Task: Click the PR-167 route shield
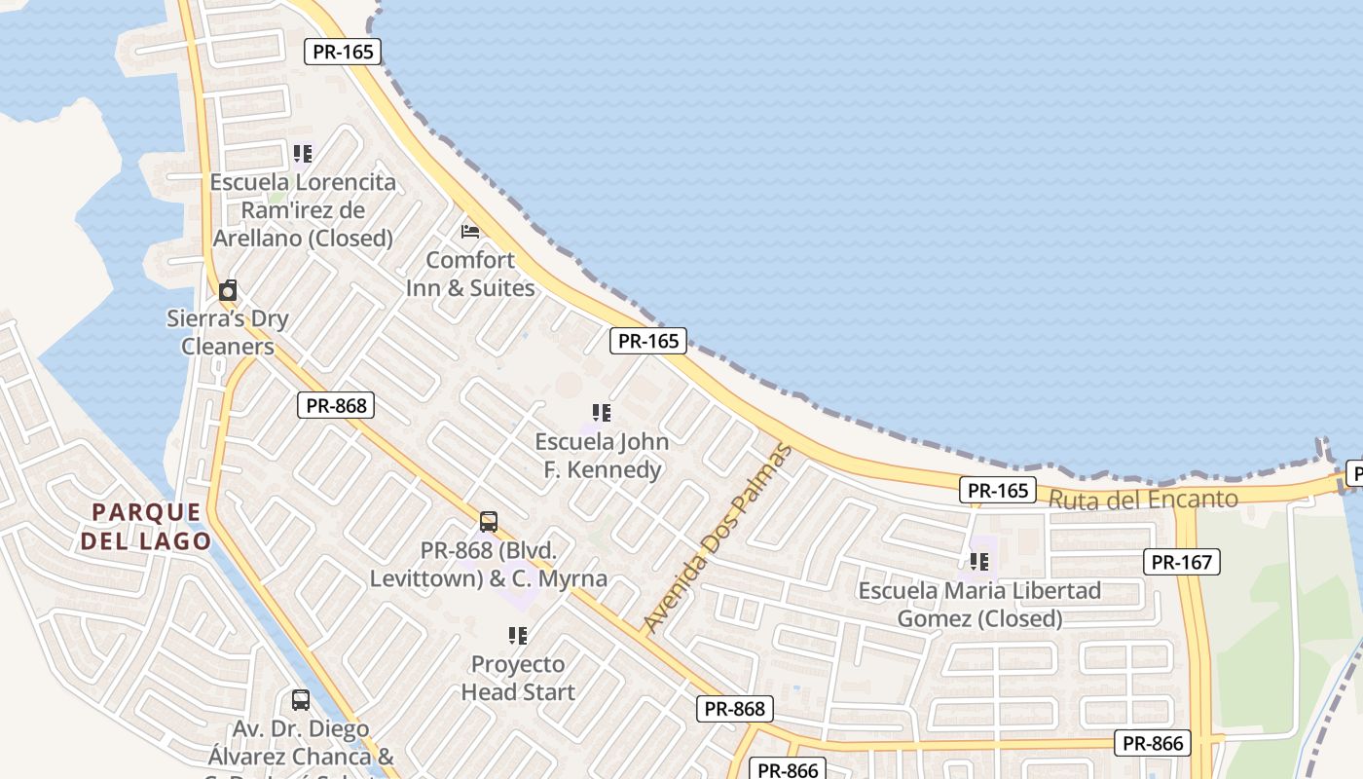click(1181, 562)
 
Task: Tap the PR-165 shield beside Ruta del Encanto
click(998, 490)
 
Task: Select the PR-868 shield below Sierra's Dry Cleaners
click(336, 405)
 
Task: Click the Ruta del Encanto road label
click(1143, 500)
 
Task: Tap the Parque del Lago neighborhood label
click(146, 527)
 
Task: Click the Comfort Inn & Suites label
click(470, 274)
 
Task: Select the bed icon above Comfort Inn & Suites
click(470, 232)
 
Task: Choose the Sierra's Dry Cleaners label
click(228, 332)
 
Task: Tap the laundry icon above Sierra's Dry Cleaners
click(228, 290)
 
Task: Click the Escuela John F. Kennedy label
click(602, 456)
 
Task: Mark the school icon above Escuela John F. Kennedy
click(602, 413)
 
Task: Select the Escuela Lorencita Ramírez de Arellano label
click(303, 209)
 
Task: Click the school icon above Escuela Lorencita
click(303, 154)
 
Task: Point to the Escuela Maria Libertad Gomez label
click(979, 605)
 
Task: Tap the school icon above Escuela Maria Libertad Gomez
click(979, 562)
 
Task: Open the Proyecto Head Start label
click(518, 678)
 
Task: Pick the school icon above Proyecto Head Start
click(518, 636)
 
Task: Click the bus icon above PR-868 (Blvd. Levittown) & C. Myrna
click(489, 521)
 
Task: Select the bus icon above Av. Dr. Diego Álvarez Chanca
click(301, 699)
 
